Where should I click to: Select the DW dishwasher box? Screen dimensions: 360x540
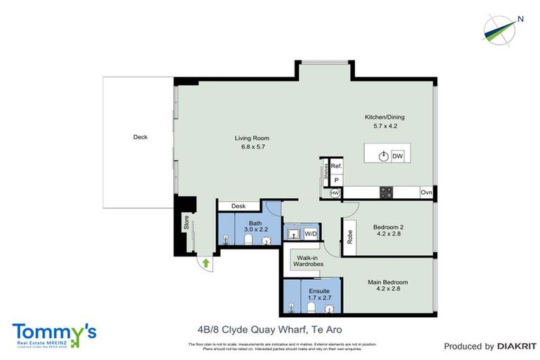397,156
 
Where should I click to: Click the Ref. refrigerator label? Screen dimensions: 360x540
337,166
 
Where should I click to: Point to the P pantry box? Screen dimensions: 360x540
336,180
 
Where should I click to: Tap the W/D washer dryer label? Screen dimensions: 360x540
310,233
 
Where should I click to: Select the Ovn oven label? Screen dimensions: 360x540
426,192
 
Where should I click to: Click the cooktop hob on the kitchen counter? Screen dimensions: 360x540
386,192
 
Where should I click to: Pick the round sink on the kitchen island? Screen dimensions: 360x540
382,156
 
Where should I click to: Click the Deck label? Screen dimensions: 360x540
140,137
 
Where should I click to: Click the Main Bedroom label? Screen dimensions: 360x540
387,283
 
